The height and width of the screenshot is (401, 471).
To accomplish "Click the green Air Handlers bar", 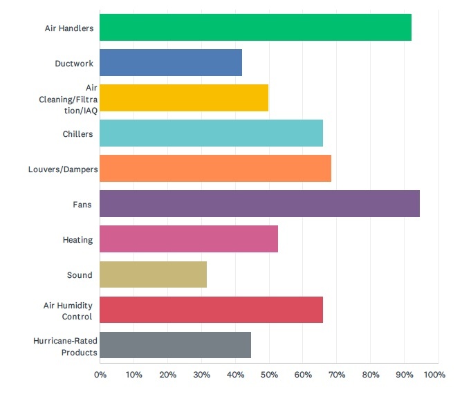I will pyautogui.click(x=255, y=27).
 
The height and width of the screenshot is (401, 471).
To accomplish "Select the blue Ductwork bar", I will pyautogui.click(x=171, y=62).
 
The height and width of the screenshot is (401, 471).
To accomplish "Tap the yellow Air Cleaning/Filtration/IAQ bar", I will pyautogui.click(x=184, y=97).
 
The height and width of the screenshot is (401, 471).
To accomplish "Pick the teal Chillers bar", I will pyautogui.click(x=211, y=133).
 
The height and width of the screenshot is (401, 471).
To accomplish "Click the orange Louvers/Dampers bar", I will pyautogui.click(x=215, y=168).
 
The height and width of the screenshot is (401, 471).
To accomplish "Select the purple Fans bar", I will pyautogui.click(x=259, y=204).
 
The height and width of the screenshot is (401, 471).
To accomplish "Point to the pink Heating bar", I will pyautogui.click(x=189, y=239).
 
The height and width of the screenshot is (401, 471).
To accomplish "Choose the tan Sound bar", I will pyautogui.click(x=153, y=274).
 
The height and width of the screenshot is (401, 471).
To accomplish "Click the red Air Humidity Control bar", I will pyautogui.click(x=211, y=310).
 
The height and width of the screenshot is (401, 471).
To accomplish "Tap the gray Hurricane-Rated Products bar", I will pyautogui.click(x=175, y=345).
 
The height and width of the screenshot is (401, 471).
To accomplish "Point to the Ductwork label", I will pyautogui.click(x=73, y=64).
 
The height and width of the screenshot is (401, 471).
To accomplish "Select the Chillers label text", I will pyautogui.click(x=77, y=133).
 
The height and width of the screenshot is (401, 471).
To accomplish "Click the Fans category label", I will pyautogui.click(x=82, y=205).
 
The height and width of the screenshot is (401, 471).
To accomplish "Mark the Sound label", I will pyautogui.click(x=80, y=275).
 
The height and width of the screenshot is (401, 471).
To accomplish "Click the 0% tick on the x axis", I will pyautogui.click(x=100, y=375).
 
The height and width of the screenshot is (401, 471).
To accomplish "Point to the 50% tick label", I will pyautogui.click(x=268, y=375).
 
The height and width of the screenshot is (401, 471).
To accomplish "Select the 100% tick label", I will pyautogui.click(x=435, y=375).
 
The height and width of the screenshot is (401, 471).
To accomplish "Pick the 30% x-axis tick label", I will pyautogui.click(x=201, y=375).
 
